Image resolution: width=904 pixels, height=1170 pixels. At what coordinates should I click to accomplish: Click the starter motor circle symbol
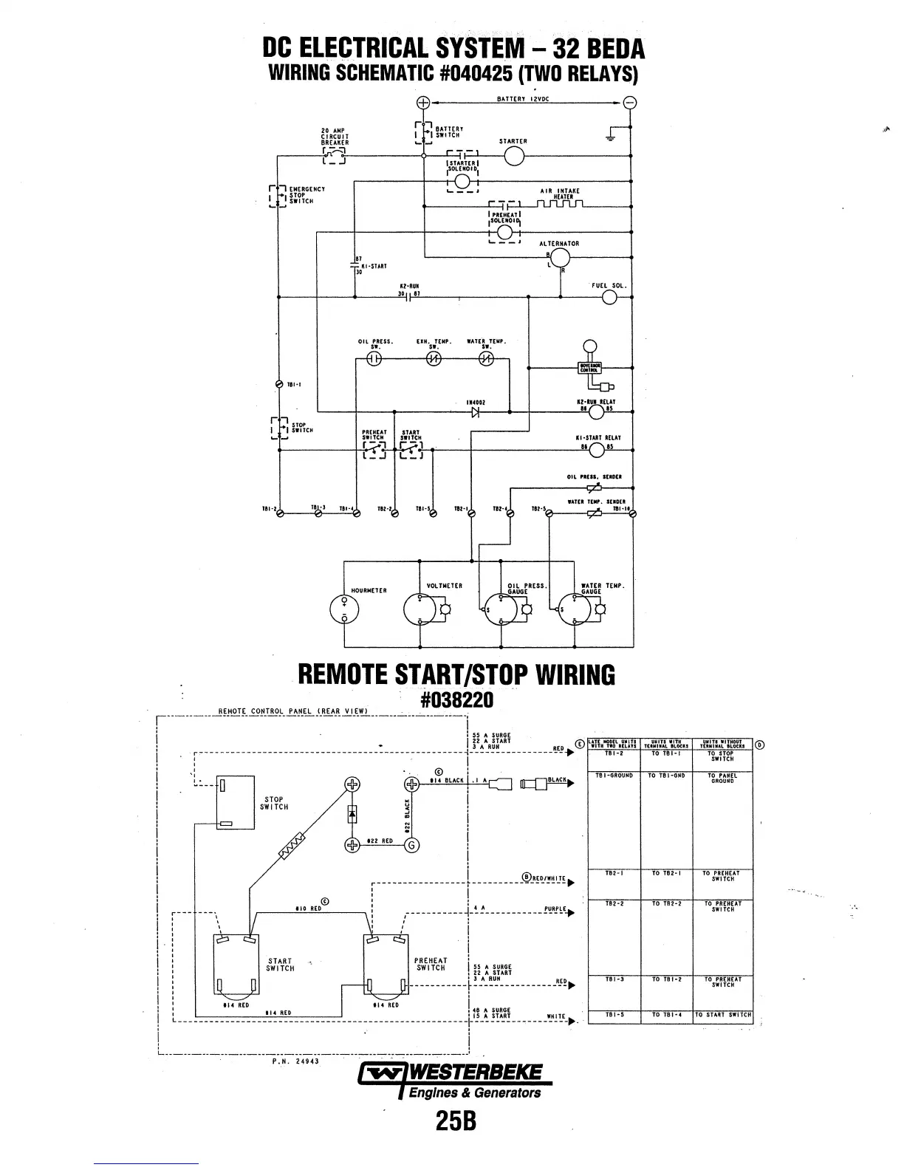click(x=514, y=157)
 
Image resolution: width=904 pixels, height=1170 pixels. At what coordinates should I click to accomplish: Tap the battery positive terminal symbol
click(x=423, y=103)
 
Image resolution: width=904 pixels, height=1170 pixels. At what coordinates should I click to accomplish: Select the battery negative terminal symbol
click(x=630, y=103)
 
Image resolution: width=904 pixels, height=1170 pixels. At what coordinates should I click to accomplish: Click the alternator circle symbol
click(x=561, y=257)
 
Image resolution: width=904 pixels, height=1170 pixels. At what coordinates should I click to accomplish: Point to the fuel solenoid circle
click(x=610, y=297)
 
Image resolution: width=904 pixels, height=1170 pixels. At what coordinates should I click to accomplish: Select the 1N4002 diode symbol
click(x=476, y=411)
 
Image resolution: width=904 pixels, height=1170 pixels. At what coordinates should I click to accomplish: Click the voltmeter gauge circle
click(x=419, y=609)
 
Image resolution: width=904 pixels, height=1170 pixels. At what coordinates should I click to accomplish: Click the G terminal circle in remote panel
click(x=412, y=845)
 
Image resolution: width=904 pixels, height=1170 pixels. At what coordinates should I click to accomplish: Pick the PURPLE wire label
click(x=555, y=909)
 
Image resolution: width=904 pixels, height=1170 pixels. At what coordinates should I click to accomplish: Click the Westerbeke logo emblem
click(x=379, y=1073)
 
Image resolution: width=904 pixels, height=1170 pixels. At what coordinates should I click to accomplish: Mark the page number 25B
click(x=456, y=1121)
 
